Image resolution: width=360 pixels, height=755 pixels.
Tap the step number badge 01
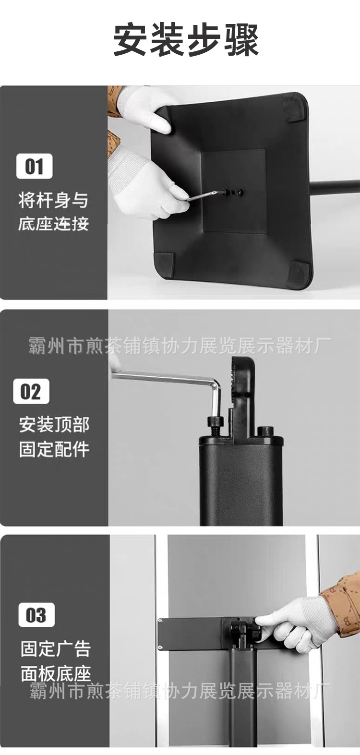tap(35, 166)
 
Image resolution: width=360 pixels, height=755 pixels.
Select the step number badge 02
tap(31, 391)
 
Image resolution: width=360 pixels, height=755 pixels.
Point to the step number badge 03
tap(36, 615)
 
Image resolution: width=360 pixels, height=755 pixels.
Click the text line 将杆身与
tap(53, 200)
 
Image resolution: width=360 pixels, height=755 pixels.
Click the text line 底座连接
tap(53, 224)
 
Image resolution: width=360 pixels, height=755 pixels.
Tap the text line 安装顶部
tap(54, 424)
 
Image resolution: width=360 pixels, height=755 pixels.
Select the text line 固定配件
tap(54, 449)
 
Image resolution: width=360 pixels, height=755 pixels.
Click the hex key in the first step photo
tap(205, 195)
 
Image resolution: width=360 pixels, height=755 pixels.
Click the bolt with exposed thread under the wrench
tap(216, 426)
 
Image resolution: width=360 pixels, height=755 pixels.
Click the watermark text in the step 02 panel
tap(180, 346)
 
